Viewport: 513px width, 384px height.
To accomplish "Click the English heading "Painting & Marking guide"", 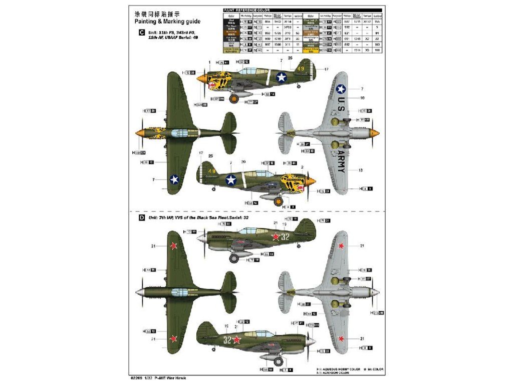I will pyautogui.click(x=167, y=21).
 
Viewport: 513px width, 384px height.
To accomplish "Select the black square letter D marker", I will pyautogui.click(x=142, y=218).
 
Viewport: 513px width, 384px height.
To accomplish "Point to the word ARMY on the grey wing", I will pyautogui.click(x=341, y=160).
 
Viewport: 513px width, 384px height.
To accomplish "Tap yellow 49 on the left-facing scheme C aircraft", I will pyautogui.click(x=286, y=68).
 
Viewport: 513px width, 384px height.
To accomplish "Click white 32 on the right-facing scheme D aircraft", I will pyautogui.click(x=228, y=340).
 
